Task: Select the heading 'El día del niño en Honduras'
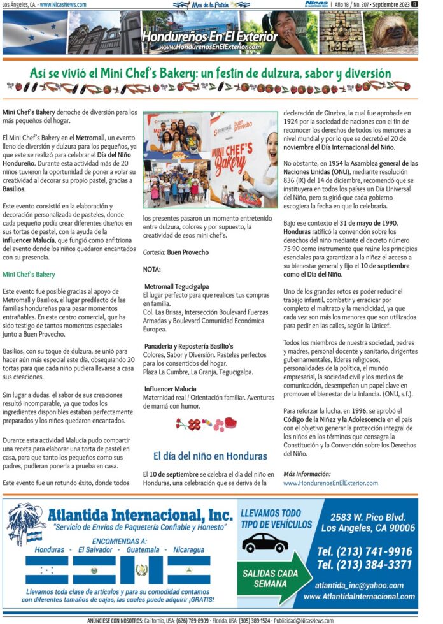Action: (210, 456)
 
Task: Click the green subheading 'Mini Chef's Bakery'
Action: (29, 274)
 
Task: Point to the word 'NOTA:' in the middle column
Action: (152, 270)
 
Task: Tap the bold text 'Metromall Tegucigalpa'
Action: (176, 287)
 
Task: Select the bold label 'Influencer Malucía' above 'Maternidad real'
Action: (170, 388)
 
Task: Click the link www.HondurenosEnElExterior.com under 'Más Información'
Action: (330, 483)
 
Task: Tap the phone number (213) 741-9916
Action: (364, 551)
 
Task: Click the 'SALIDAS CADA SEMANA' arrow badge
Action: (270, 578)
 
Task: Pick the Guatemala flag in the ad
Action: (141, 570)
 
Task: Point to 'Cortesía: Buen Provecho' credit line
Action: (176, 252)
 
